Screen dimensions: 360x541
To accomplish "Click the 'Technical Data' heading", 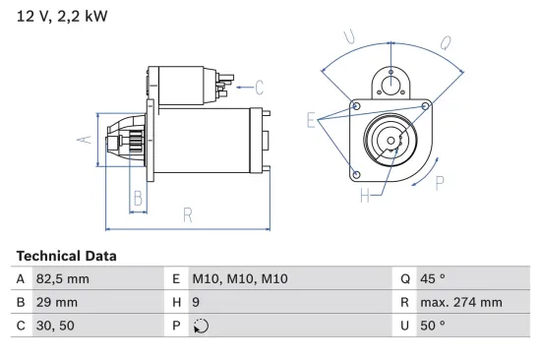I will point(66,256).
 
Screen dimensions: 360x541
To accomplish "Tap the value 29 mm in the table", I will point(56,303).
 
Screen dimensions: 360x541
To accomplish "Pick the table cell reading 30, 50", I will point(53,327).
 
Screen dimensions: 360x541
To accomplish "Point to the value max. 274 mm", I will point(464,303).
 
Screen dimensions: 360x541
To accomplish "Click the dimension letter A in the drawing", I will point(85,139).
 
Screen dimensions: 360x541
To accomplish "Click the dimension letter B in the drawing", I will point(138,200).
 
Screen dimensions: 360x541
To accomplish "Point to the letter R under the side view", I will point(187,214).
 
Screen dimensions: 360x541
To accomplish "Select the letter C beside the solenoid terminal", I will point(260,86).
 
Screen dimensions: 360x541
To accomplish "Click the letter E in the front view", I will point(311,121).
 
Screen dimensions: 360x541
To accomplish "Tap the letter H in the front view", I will point(365,196).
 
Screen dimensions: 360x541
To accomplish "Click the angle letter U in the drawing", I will point(349,37).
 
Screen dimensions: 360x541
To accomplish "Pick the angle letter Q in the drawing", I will point(446,41).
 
